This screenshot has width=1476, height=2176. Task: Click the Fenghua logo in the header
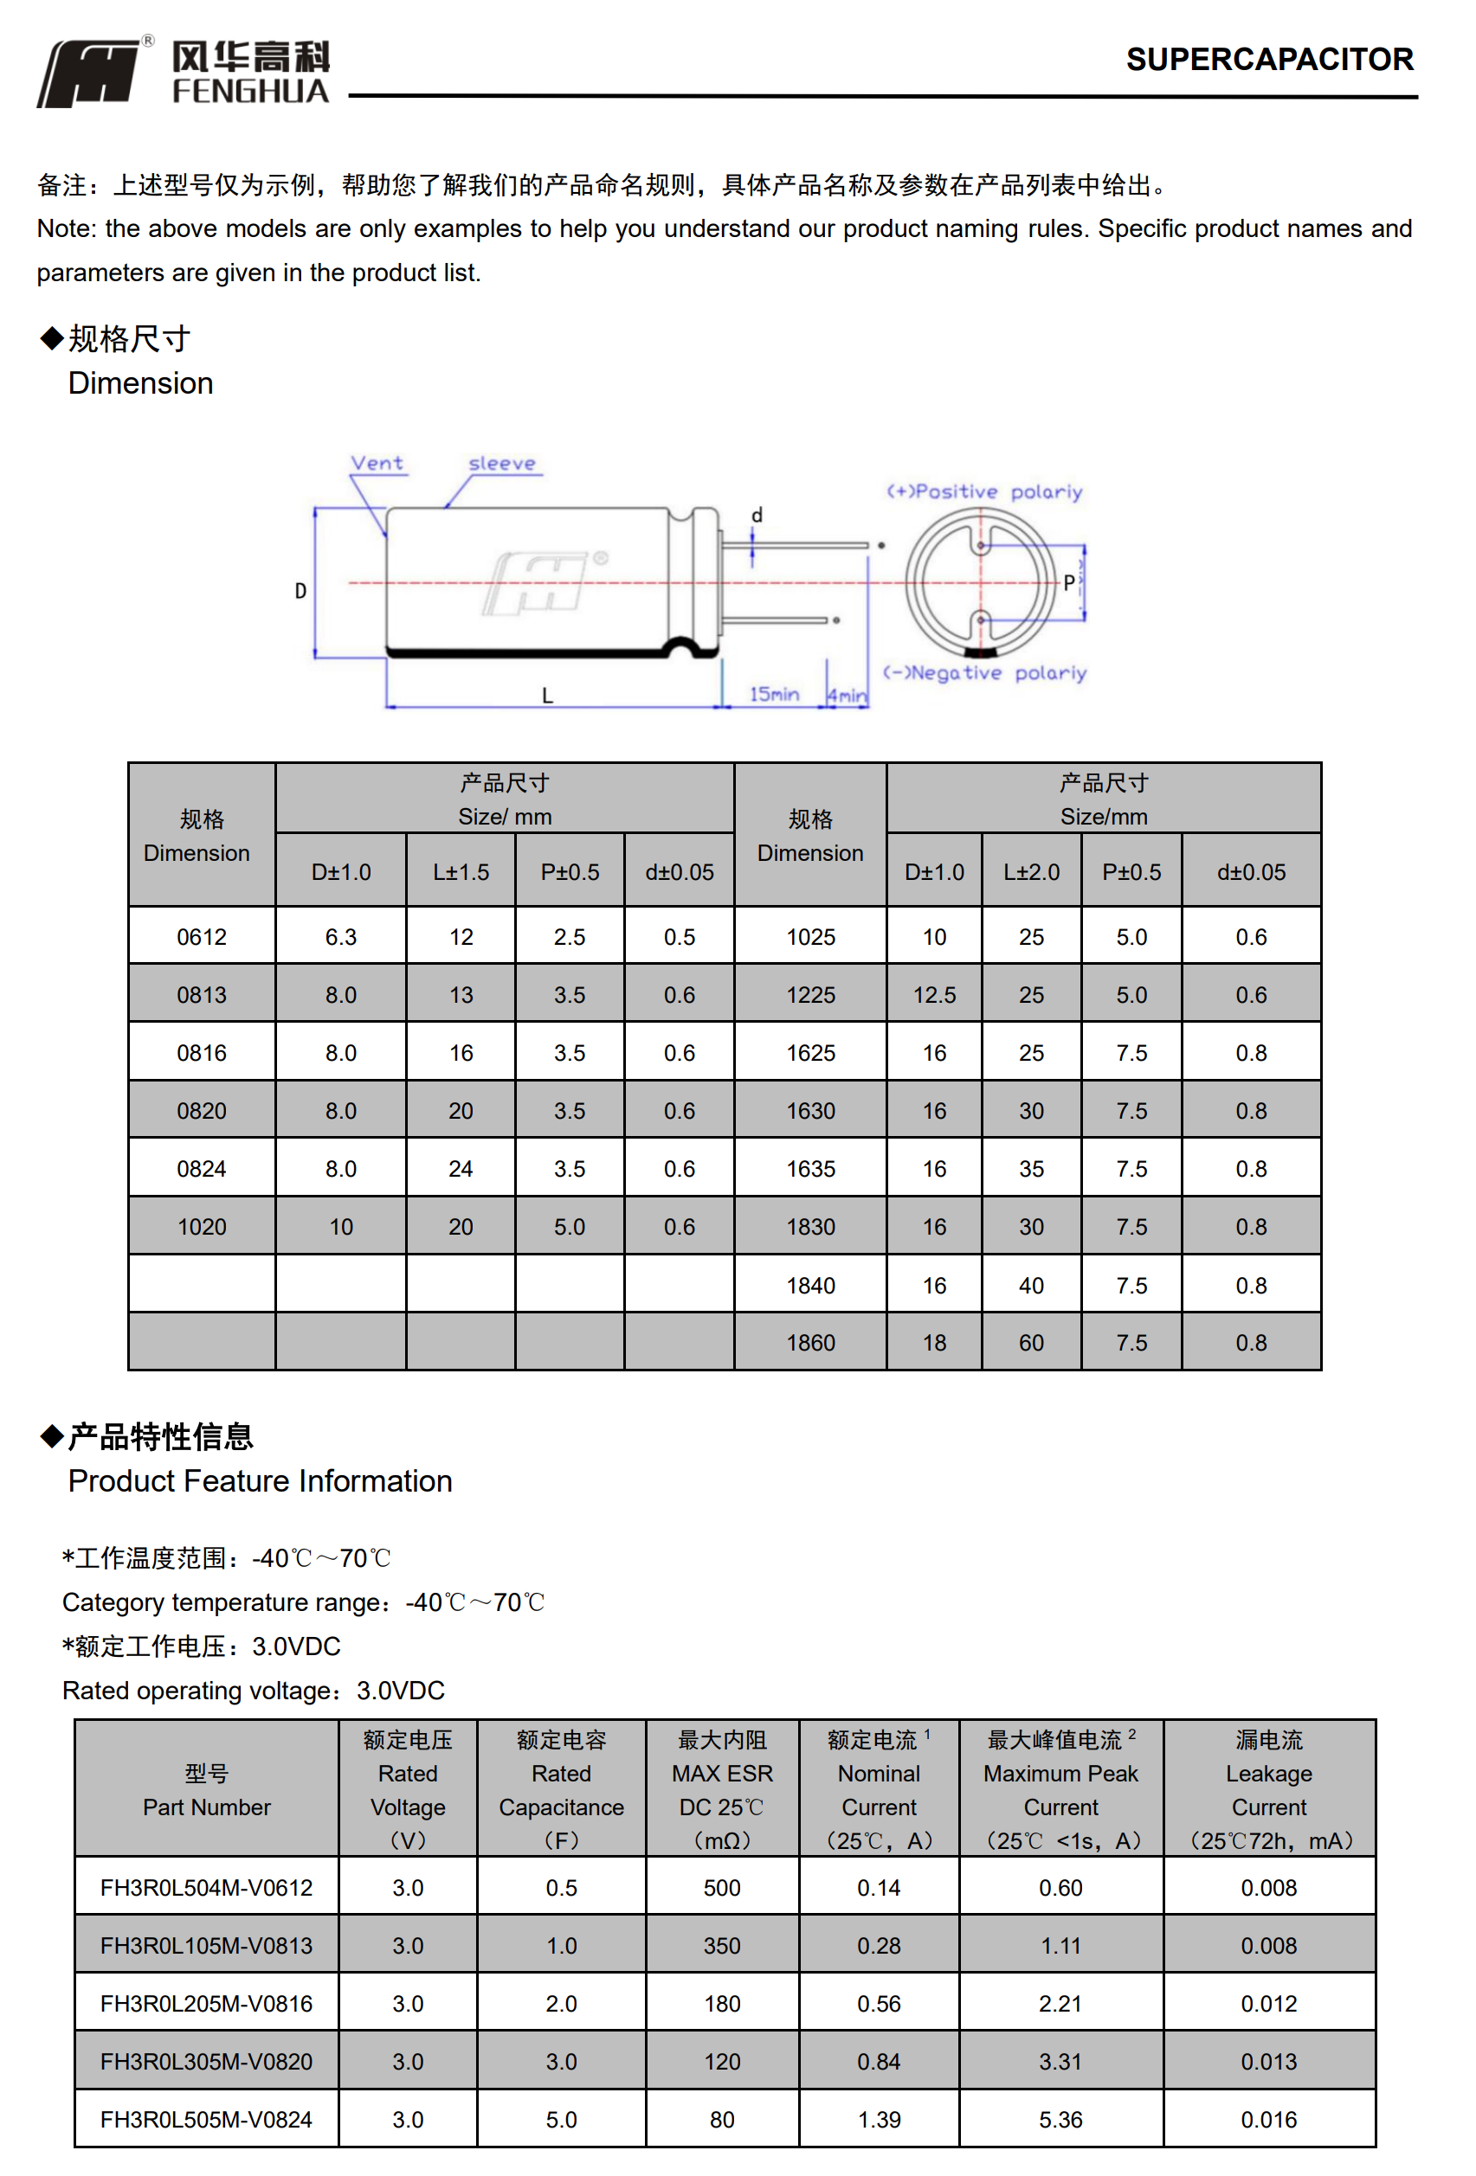[184, 72]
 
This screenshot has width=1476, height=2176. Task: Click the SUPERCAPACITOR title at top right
[1268, 60]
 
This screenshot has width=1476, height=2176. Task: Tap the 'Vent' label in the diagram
[377, 463]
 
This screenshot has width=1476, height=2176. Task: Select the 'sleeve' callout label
[502, 463]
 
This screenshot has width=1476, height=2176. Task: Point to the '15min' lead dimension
[774, 694]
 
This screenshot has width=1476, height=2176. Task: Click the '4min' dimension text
[847, 696]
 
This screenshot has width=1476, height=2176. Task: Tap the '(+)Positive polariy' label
[983, 491]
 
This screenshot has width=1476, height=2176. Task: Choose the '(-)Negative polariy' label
[984, 672]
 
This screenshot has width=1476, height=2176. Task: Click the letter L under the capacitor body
[547, 696]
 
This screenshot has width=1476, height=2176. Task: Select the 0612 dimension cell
[202, 936]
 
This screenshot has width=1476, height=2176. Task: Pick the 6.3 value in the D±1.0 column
[341, 936]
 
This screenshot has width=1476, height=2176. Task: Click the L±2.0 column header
[1030, 872]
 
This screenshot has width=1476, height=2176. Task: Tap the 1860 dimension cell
[810, 1342]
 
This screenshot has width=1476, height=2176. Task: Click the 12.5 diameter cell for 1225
[934, 994]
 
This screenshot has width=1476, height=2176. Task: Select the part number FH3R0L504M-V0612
[206, 1887]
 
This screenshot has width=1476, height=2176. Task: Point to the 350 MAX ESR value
[721, 1945]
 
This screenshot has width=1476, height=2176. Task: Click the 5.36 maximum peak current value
[1060, 2119]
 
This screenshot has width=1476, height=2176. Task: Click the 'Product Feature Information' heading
[260, 1480]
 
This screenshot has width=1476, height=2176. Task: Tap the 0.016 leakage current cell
[1268, 2119]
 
